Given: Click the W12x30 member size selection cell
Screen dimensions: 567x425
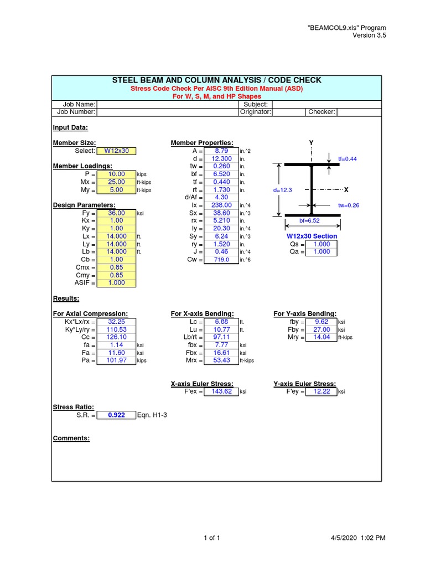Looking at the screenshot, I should [116, 151].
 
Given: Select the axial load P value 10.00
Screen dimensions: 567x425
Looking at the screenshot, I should [116, 174].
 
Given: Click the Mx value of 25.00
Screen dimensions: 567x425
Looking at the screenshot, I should [116, 182].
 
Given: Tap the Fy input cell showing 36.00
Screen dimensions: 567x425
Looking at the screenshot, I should [116, 213].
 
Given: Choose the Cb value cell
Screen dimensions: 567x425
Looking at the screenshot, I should [116, 259].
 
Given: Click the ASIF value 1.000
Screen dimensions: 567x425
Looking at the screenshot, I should [116, 282].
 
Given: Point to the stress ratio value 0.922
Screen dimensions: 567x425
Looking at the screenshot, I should [116, 415].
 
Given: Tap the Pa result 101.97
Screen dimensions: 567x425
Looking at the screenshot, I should [116, 360].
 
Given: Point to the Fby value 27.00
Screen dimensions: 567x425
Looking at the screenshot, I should [322, 329].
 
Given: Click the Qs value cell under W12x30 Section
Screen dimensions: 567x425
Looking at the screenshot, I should [322, 244].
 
